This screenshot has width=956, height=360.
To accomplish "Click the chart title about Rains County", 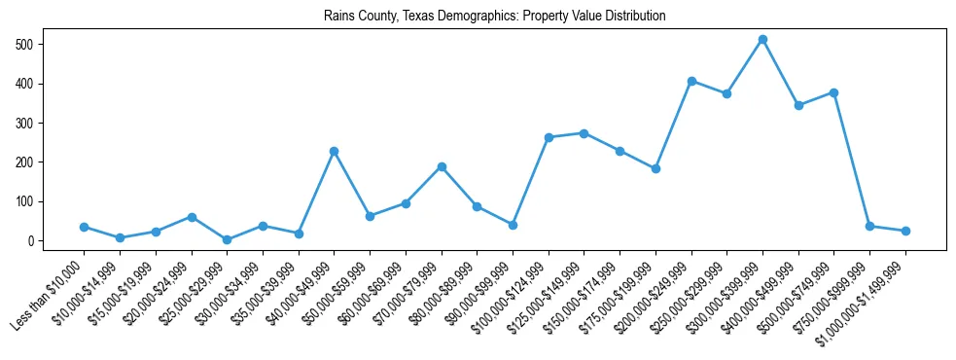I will [x=478, y=17].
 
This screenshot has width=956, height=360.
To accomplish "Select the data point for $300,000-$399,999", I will [x=762, y=40].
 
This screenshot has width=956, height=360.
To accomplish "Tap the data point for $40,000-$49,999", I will [x=334, y=152].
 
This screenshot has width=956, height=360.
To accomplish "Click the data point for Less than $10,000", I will [x=84, y=227].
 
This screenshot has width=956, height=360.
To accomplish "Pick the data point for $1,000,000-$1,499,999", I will [x=905, y=231].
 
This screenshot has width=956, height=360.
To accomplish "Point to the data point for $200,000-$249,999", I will [x=691, y=81].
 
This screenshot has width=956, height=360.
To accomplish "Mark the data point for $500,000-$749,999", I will [x=833, y=92].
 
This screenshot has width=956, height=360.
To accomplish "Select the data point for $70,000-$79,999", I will [x=442, y=166].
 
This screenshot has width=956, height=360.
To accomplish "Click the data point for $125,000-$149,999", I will [x=584, y=133].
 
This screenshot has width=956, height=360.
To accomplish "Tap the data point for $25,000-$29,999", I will [x=227, y=239].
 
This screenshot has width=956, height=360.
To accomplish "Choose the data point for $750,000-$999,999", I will [x=869, y=226].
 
